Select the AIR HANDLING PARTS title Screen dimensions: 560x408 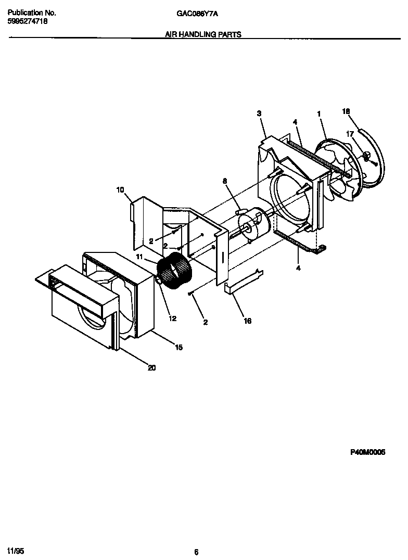pyautogui.click(x=203, y=34)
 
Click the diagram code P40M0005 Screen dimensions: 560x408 pyautogui.click(x=367, y=453)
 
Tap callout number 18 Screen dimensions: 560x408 pyautogui.click(x=346, y=111)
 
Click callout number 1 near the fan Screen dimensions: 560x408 pyautogui.click(x=319, y=113)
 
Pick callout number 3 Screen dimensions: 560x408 pyautogui.click(x=259, y=113)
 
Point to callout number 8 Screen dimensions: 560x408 pyautogui.click(x=225, y=181)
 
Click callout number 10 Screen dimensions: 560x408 pyautogui.click(x=120, y=190)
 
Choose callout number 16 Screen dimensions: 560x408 pyautogui.click(x=248, y=321)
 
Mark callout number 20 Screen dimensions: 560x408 pyautogui.click(x=151, y=368)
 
